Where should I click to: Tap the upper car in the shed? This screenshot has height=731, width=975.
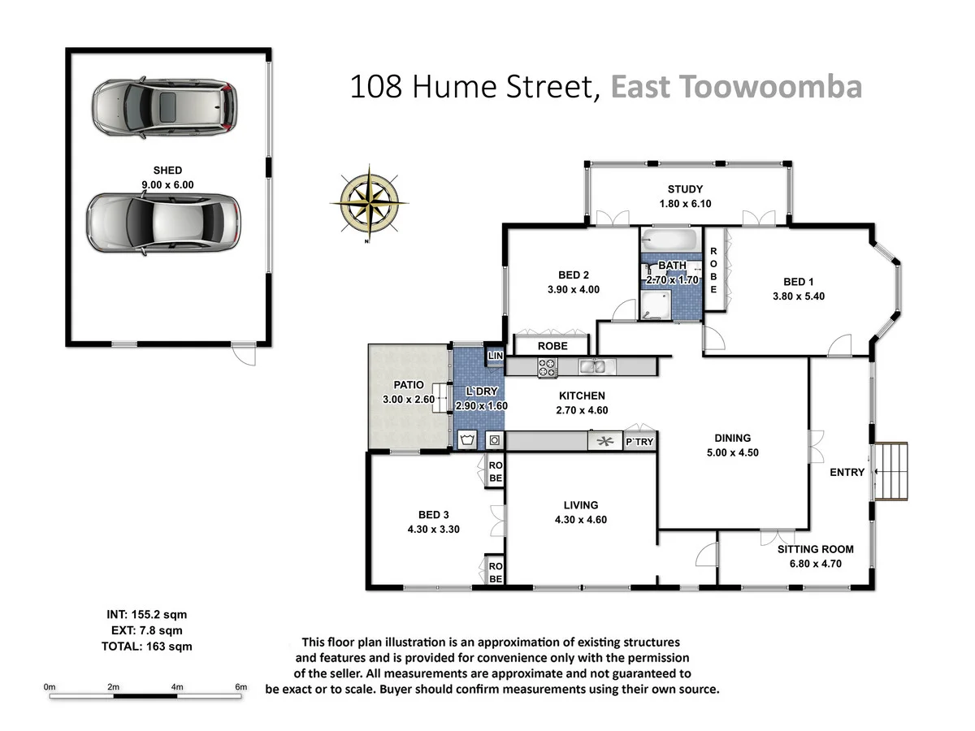pos(165,106)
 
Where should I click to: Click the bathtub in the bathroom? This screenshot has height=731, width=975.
pos(670,240)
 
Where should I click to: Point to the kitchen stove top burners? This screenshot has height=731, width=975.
pos(546,368)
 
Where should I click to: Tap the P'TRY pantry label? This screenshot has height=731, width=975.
pos(638,442)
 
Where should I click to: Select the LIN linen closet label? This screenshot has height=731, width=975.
pos(495,355)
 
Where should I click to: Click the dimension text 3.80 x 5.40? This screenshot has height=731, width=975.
pos(798,296)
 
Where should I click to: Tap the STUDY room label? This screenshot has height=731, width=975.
pos(685,189)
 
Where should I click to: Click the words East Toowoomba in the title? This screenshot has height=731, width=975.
pos(735,86)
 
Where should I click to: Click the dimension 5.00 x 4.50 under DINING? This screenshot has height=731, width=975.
pos(732,452)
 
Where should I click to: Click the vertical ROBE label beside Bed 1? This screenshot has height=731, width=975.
pos(713,270)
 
